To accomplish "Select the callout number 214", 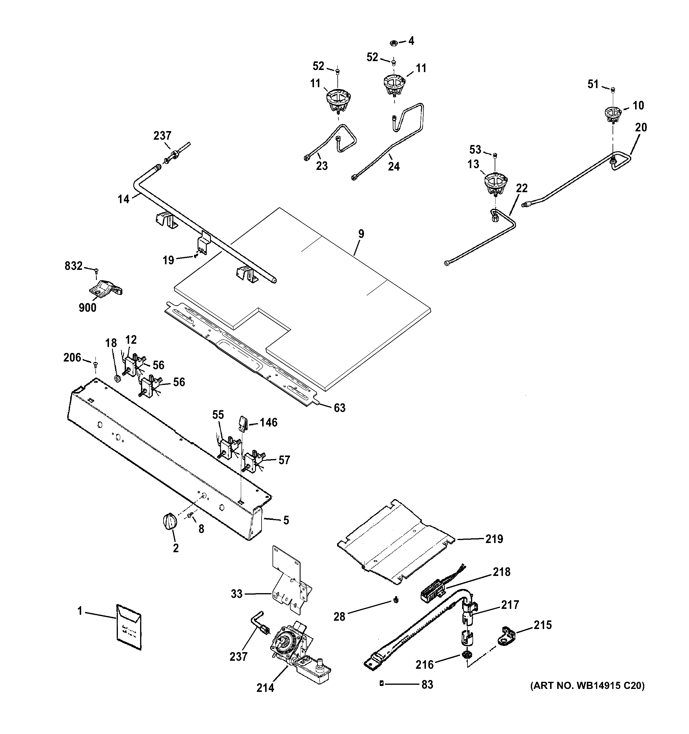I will (265, 688).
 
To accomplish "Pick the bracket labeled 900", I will (106, 288).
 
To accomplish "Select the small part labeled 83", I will (382, 684).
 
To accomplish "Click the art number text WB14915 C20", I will (587, 686).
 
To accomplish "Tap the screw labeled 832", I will (96, 271).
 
